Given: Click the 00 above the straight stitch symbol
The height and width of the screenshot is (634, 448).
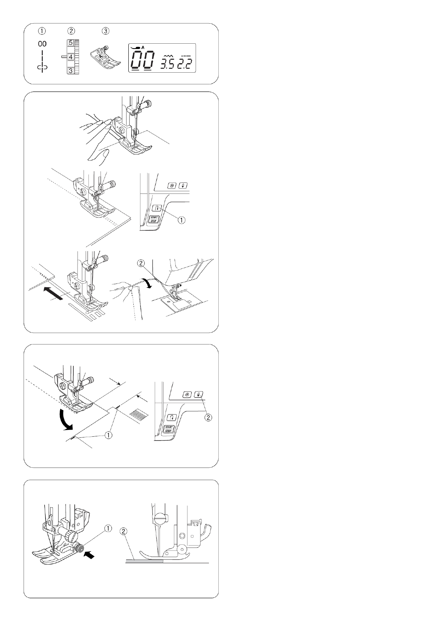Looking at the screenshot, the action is (42, 44).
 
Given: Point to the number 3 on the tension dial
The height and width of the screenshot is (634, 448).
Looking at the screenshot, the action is (70, 70).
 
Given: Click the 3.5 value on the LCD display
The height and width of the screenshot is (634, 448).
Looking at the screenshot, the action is (168, 64).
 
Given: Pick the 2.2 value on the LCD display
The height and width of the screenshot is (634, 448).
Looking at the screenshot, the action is (184, 64).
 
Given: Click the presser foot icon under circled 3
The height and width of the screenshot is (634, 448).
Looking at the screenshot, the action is (105, 56).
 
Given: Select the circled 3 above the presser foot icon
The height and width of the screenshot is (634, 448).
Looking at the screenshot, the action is (105, 31).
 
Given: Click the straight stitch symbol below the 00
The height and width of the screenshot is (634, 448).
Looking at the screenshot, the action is (42, 62).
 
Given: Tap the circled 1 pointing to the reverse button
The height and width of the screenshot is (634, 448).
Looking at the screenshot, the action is (181, 219).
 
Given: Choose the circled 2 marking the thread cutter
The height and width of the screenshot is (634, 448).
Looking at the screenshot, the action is (141, 263).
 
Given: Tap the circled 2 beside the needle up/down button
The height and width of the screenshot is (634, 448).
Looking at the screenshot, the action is (208, 417).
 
